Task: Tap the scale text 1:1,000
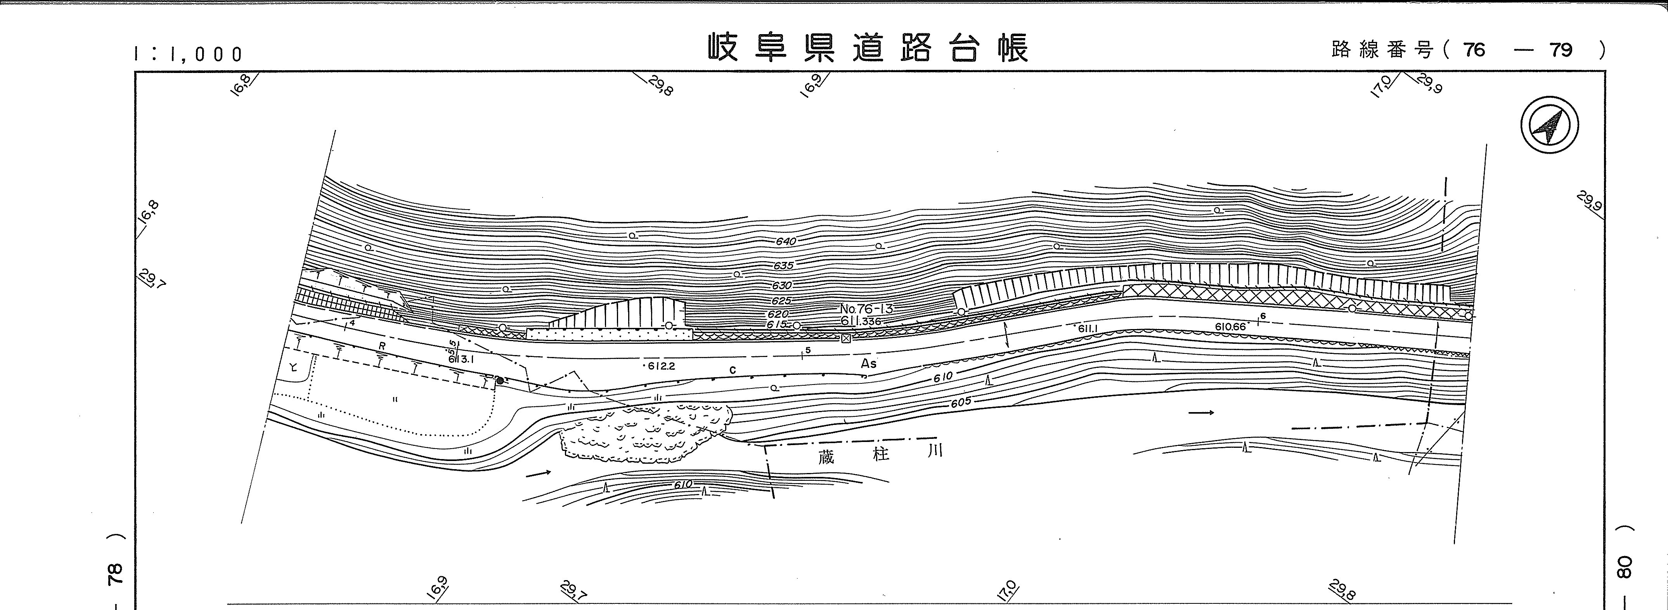click(x=189, y=54)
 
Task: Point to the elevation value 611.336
click(x=861, y=321)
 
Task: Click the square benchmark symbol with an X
click(x=846, y=338)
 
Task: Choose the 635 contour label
click(x=783, y=265)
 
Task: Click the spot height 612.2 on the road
click(x=662, y=366)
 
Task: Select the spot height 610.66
click(x=1230, y=327)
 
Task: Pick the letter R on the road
click(x=382, y=346)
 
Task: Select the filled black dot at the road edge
click(x=500, y=381)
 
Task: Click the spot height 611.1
click(x=1088, y=329)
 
